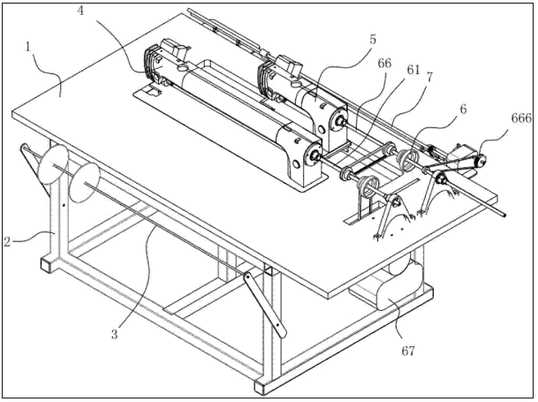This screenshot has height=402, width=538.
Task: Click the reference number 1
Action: point(28,47)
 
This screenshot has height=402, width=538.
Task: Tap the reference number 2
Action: point(8,242)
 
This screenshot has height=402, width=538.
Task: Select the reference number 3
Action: point(115,334)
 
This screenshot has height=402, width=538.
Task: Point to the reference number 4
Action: point(80,11)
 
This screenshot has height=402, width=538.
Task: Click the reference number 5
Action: point(373,40)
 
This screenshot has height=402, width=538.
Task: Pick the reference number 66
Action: point(384,63)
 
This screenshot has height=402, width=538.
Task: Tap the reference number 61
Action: point(413,70)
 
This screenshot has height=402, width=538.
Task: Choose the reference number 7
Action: point(428,77)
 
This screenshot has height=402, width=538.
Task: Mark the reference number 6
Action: point(463,110)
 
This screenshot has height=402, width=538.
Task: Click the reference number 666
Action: point(521,118)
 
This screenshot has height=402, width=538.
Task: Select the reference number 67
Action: point(408,351)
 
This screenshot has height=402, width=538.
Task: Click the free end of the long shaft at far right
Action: point(504,216)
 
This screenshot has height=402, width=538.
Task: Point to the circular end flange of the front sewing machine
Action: point(314,157)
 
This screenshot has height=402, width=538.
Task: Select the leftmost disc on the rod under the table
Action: point(53,163)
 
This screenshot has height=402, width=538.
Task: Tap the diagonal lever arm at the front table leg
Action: point(265,304)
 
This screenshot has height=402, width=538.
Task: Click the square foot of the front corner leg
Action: point(263,387)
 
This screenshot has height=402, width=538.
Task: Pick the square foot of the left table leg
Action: point(48,263)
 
